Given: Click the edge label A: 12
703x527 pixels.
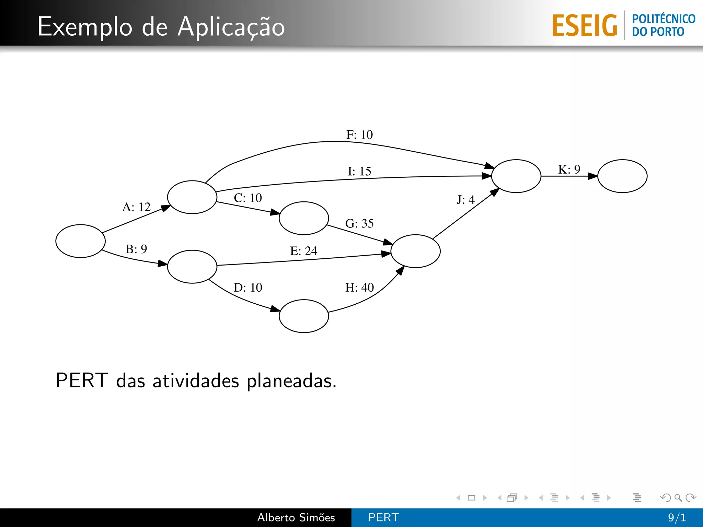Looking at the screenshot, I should click(136, 207).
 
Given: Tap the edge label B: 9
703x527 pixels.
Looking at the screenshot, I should click(136, 249).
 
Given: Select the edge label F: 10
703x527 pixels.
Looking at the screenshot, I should click(359, 135).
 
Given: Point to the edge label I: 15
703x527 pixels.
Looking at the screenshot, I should click(359, 171).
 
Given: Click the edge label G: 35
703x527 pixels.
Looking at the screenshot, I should click(359, 224).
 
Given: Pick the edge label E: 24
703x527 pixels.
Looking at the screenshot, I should click(304, 251).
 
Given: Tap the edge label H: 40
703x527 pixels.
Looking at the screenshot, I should click(359, 288).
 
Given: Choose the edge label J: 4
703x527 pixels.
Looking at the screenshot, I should click(466, 200).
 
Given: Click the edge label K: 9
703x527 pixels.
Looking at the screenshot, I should click(569, 169).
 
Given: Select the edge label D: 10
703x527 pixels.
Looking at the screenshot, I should click(248, 288).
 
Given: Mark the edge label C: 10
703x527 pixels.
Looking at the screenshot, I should click(248, 198).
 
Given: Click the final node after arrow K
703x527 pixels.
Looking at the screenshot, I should click(622, 176).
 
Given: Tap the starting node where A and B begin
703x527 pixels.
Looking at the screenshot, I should click(80, 241).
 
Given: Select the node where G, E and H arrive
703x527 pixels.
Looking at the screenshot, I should click(415, 251).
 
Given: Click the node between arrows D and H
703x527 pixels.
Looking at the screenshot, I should click(304, 316).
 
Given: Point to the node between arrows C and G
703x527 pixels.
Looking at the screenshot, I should click(304, 218).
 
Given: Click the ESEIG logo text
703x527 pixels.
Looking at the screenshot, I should click(585, 26).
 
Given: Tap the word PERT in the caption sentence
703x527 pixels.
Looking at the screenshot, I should click(82, 380).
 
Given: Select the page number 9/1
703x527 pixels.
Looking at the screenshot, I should click(677, 517).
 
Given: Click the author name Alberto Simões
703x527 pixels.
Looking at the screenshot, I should click(296, 517).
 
